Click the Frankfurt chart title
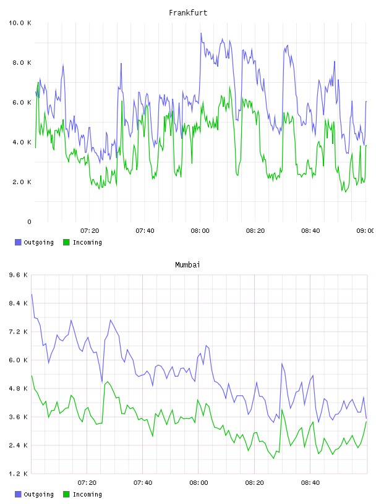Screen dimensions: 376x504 tap(188, 13)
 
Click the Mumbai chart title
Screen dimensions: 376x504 tap(187, 265)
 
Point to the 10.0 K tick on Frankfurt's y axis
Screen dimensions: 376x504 tap(20, 23)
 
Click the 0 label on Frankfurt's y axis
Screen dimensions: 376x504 tap(29, 222)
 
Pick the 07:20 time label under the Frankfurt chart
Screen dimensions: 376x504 tap(90, 231)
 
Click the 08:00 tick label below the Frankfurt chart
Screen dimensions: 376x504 tap(200, 231)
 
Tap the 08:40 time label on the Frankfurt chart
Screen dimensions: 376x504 tap(310, 231)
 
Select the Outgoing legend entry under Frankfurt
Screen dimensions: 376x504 tap(35, 242)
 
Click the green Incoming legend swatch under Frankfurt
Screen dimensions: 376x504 tap(66, 242)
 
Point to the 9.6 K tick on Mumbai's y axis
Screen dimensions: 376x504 tap(19, 275)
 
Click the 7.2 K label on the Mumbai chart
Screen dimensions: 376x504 tap(19, 332)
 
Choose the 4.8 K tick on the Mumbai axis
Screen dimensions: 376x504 tap(19, 388)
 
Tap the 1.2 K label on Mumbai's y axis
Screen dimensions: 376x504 tap(19, 474)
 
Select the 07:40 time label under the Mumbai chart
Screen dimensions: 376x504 tap(143, 483)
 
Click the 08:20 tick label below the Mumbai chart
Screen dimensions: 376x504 tap(254, 483)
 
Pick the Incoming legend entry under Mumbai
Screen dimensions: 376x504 tap(83, 494)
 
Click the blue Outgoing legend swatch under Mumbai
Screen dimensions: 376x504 tap(18, 494)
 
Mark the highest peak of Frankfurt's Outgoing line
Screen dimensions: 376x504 tap(201, 33)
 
